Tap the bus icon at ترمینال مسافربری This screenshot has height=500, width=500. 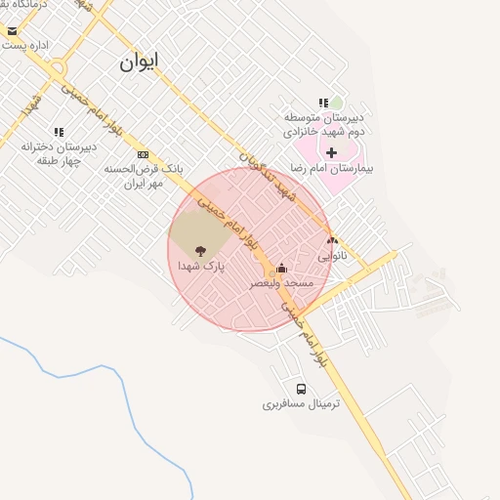click(301, 389)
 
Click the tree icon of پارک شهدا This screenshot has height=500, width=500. click(201, 250)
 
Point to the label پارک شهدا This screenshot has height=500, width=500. click(201, 266)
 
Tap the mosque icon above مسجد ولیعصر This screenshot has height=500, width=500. click(282, 269)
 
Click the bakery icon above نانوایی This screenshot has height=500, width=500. click(332, 240)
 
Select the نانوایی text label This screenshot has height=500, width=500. click(332, 256)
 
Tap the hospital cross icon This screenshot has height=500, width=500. click(332, 152)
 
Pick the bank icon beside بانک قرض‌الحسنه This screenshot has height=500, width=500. click(144, 154)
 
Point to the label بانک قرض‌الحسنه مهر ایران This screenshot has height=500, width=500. click(144, 176)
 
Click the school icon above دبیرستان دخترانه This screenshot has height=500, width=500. click(59, 132)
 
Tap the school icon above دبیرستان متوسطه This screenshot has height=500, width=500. click(322, 103)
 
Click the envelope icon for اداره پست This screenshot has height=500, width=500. click(12, 31)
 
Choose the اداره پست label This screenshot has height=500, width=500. click(26, 45)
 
